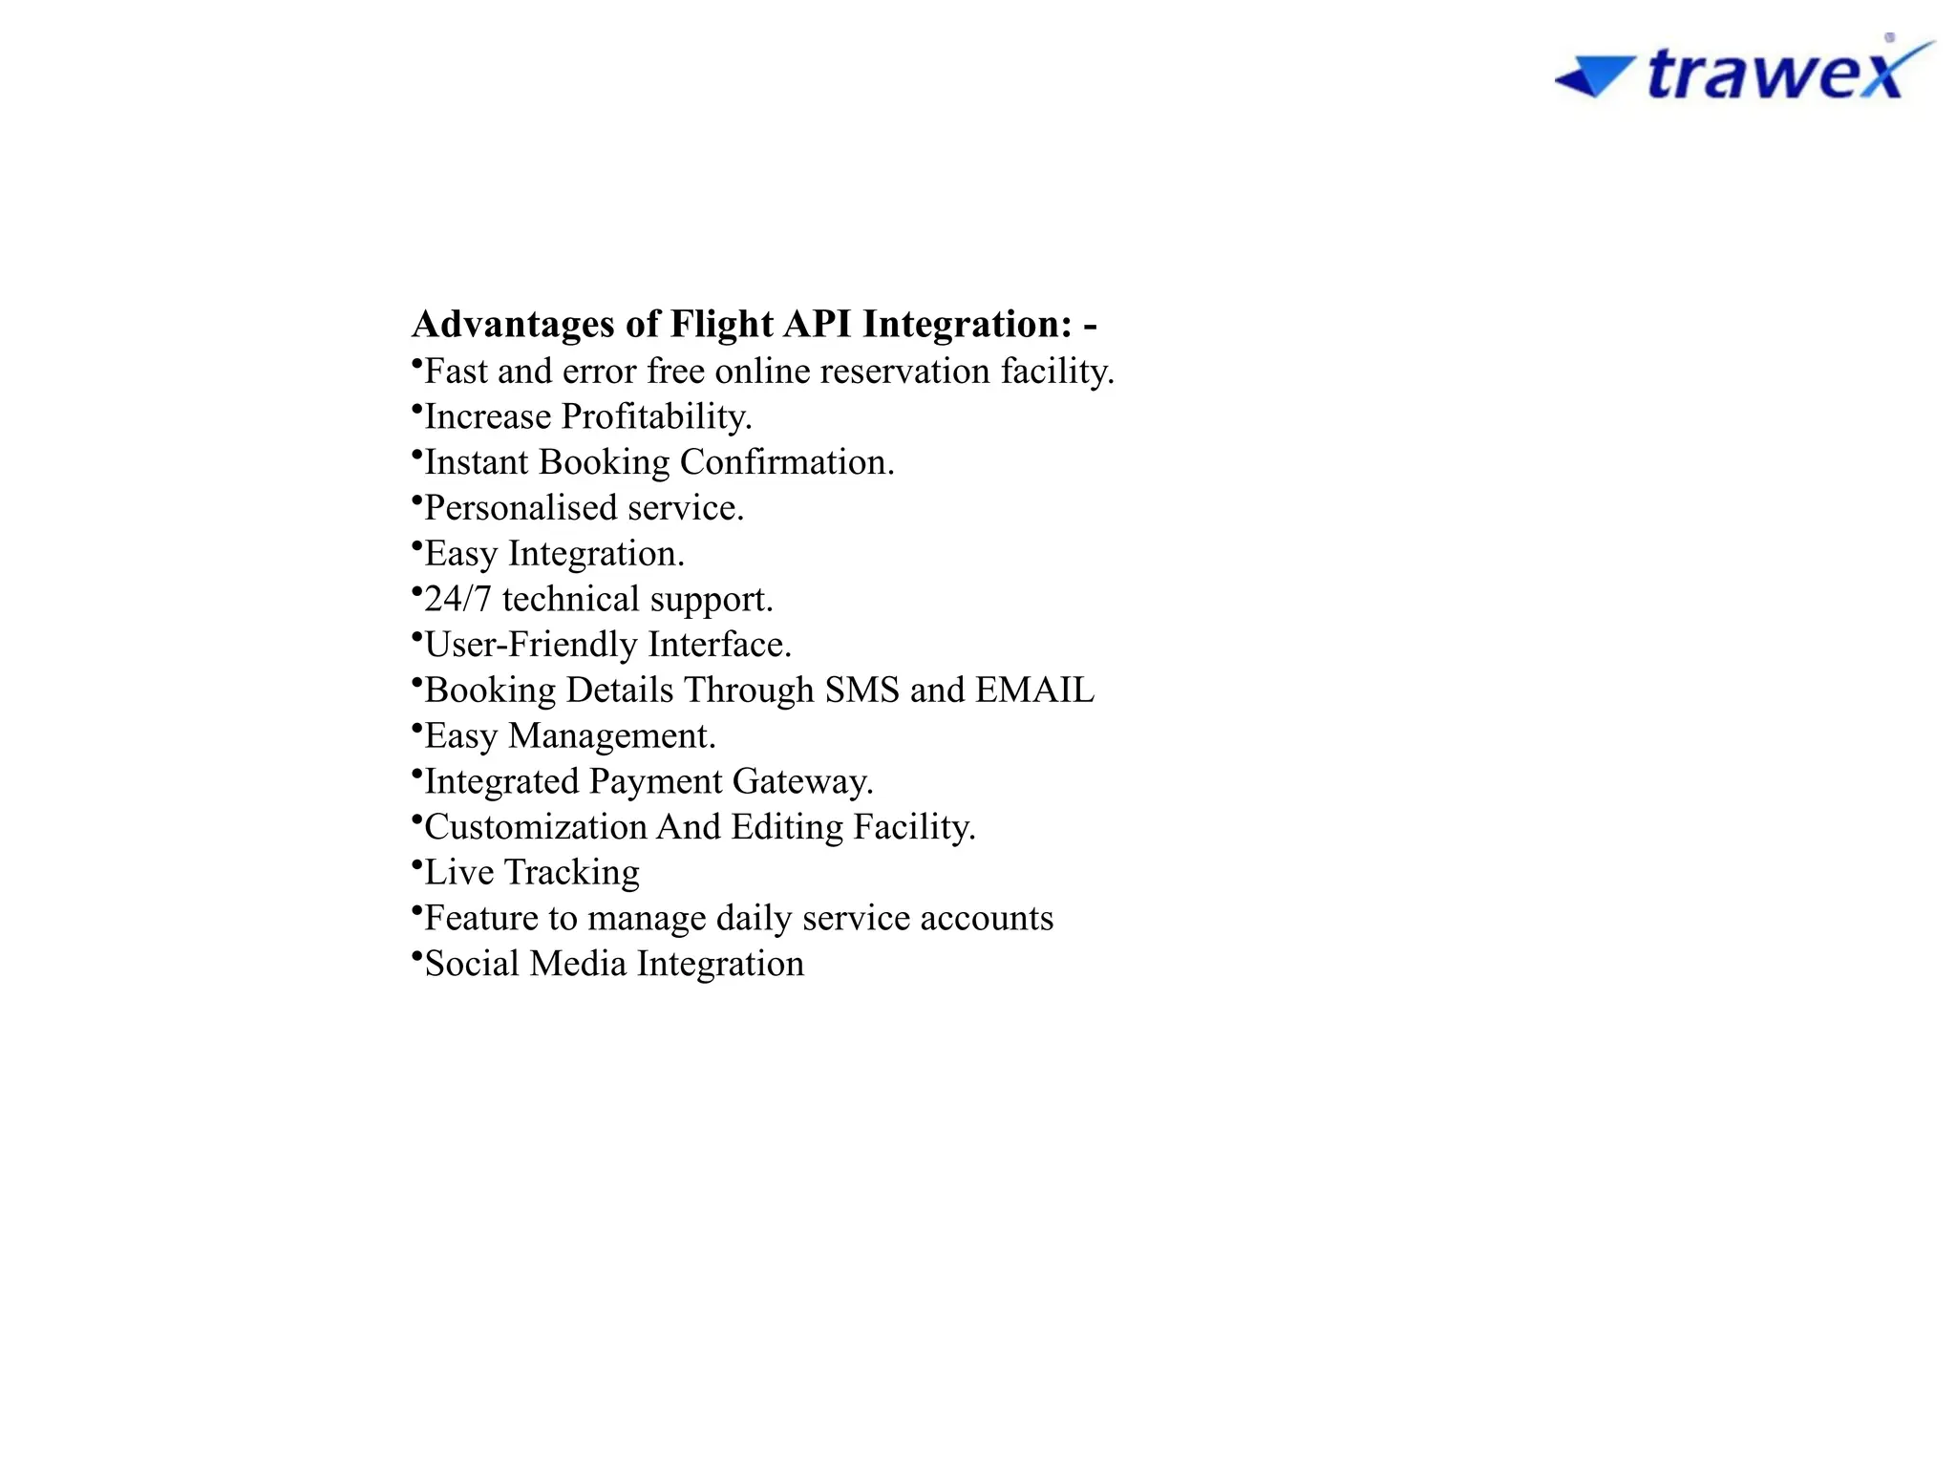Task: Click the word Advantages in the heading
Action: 513,325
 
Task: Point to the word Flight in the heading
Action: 721,325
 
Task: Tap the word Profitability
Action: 656,417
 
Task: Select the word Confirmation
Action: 787,463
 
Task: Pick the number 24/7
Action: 457,600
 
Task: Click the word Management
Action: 611,736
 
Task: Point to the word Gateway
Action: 802,782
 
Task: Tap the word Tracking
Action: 571,873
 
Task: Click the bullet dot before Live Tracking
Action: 416,865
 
